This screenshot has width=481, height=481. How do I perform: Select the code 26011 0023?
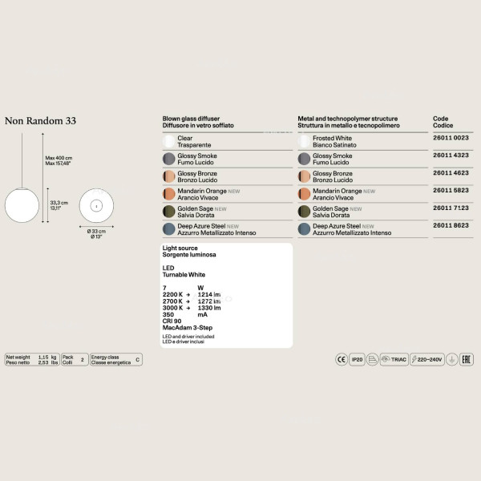point(451,139)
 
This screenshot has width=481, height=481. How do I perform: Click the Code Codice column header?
point(443,122)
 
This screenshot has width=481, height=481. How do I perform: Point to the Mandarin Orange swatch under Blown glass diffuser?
point(169,195)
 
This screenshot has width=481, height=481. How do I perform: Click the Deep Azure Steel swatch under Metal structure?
point(304,229)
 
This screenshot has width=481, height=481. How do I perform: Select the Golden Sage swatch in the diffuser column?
point(169,212)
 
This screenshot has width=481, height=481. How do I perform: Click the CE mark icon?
point(342,361)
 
